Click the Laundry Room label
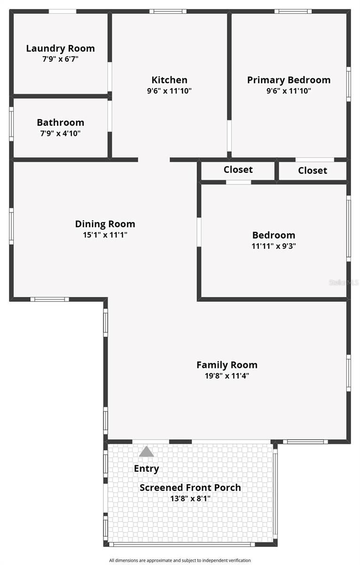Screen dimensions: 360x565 pos(61,48)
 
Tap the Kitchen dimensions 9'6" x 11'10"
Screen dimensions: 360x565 pos(169,91)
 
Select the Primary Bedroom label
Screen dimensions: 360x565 pos(288,80)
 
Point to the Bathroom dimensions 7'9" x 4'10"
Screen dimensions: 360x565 pos(61,133)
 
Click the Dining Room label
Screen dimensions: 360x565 pos(105,224)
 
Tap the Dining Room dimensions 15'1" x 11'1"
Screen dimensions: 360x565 pos(105,235)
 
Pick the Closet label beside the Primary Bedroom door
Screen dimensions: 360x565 pos(312,170)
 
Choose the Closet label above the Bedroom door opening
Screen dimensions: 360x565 pos(238,169)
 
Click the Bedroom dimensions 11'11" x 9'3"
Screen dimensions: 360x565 pos(274,246)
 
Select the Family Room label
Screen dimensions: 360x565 pos(227,365)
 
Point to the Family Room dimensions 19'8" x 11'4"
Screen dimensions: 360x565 pos(227,376)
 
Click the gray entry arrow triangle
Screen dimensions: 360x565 pos(146,452)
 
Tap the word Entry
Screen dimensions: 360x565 pos(146,468)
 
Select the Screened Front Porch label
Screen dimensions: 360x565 pos(190,488)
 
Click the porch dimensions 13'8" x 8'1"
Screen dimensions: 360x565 pos(190,499)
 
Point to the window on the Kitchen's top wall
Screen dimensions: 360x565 pos(168,11)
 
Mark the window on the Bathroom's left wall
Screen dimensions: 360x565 pos(11,124)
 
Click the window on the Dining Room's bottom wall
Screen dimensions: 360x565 pos(50,299)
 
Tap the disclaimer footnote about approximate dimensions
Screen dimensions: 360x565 pos(180,560)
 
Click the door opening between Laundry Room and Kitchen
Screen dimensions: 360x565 pos(110,77)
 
